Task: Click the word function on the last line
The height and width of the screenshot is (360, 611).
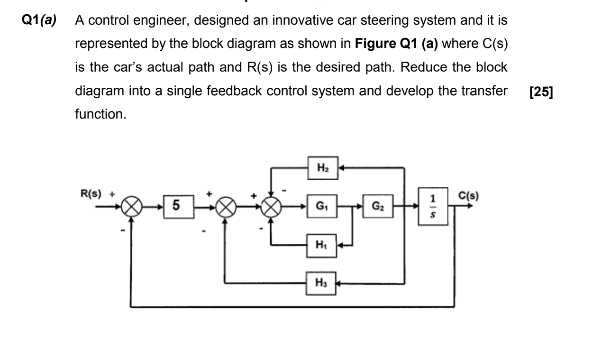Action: coord(101,114)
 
